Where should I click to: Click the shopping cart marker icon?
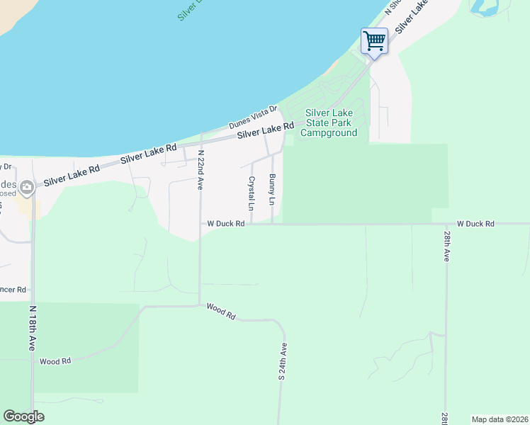coord(373,40)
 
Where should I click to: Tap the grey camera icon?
coord(28,188)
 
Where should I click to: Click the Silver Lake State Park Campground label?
coord(331,123)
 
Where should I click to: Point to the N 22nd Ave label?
coord(201,169)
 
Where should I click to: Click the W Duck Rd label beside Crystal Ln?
coord(226,224)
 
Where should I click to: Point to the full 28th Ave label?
coord(446,246)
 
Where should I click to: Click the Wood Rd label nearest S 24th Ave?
coord(220,311)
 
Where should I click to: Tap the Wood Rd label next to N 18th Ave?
coord(55,361)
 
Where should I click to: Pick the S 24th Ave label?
coord(282,362)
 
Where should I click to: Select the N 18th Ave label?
coord(32,329)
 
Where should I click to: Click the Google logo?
coord(23,416)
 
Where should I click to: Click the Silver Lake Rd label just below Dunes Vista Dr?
coord(265,131)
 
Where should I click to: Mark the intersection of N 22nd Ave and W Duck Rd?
coord(200,224)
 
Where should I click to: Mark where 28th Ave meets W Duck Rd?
coord(446,224)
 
